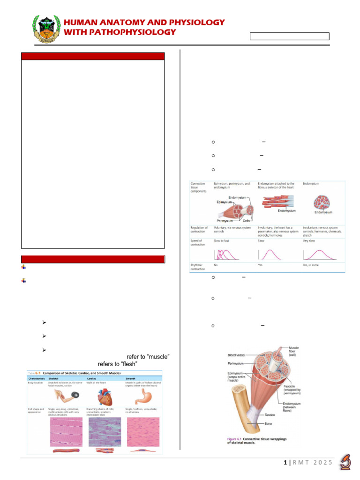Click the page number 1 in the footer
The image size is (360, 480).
tap(285, 463)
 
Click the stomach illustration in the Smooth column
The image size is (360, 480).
tap(141, 397)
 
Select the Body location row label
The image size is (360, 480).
tap(38, 383)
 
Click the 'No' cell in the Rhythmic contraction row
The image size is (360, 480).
tap(216, 265)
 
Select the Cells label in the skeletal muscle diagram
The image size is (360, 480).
tap(246, 220)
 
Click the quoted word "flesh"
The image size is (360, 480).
tap(132, 364)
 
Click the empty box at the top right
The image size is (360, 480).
tap(289, 37)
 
